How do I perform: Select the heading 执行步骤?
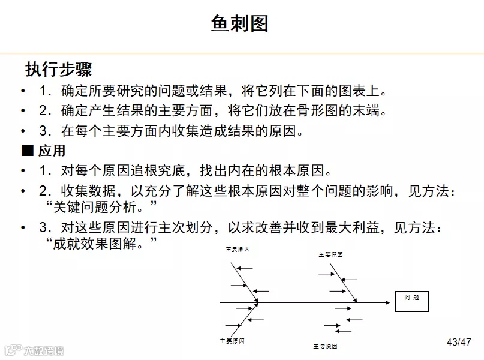58,69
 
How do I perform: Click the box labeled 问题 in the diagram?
412,298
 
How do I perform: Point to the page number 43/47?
459,342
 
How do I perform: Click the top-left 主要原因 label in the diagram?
238,248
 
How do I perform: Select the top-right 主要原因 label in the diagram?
330,254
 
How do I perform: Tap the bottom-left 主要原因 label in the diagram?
232,340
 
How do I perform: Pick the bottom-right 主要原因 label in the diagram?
325,346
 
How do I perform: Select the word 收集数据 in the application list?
85,192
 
